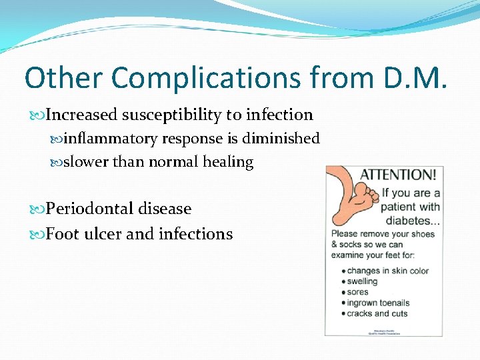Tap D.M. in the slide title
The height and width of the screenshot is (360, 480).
[413, 77]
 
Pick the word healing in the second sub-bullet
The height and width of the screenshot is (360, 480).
[231, 162]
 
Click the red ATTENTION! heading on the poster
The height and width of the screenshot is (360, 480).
[399, 175]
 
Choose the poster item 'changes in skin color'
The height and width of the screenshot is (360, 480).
[387, 271]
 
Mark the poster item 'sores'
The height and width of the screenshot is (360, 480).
[357, 292]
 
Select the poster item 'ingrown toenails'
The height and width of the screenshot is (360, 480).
[377, 303]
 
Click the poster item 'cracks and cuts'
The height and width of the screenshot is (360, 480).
[377, 313]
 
